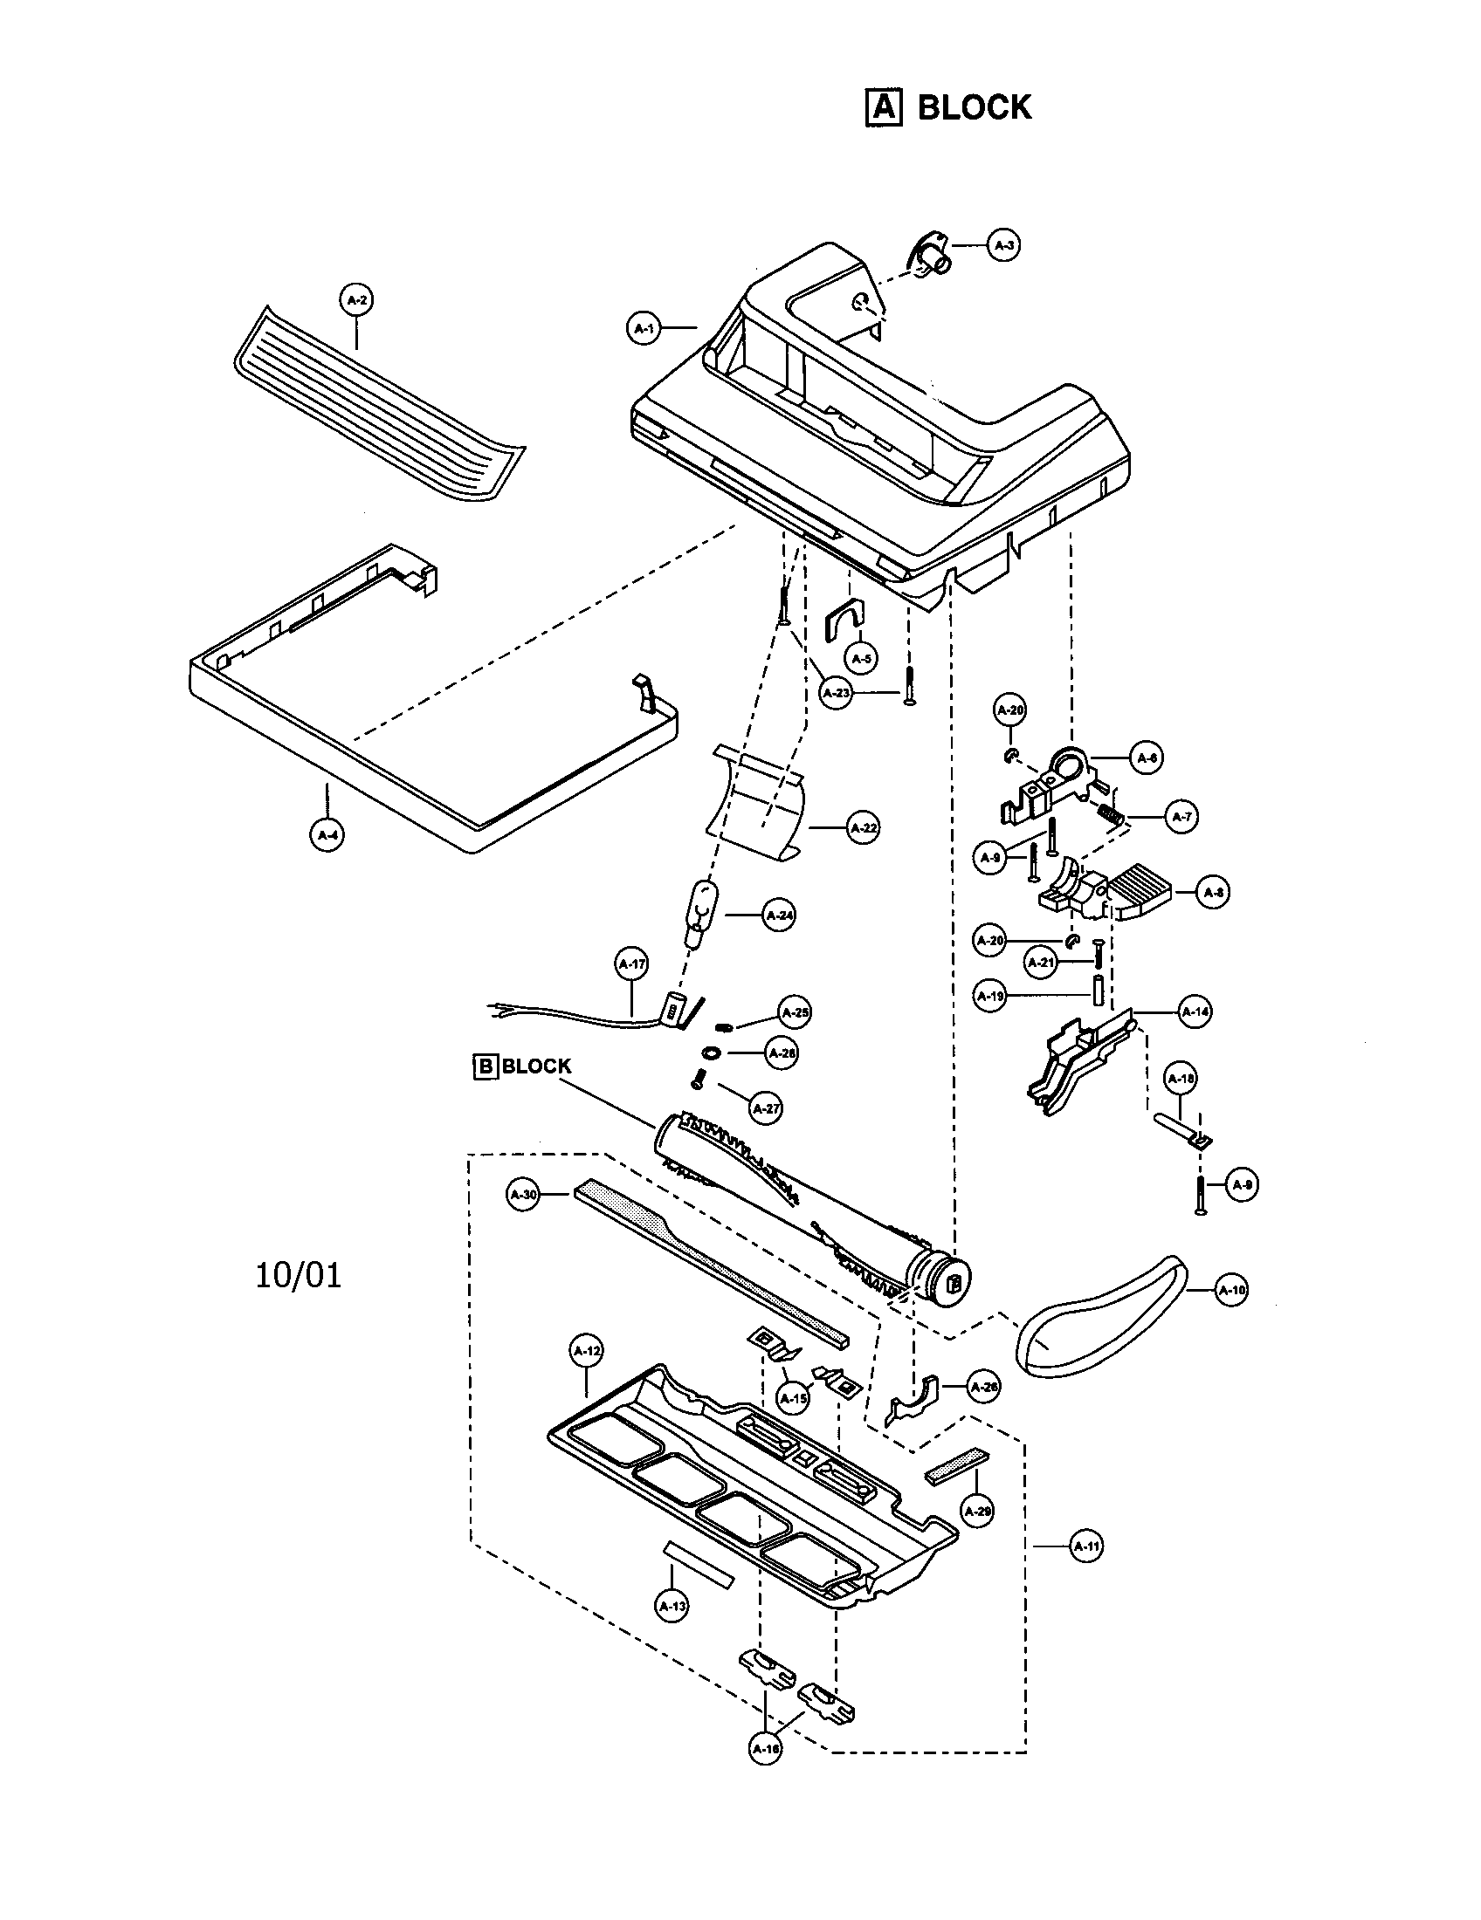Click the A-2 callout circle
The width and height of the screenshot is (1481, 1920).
coord(356,301)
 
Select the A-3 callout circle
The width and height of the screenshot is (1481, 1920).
coord(1003,245)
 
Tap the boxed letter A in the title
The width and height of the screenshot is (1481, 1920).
coord(884,108)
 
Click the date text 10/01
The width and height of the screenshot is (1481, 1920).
coord(298,1275)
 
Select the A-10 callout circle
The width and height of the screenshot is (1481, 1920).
coord(1231,1291)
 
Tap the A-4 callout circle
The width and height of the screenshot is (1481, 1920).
coord(327,834)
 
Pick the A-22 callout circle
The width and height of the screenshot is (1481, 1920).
coord(863,828)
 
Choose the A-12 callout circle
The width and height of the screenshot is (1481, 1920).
coord(587,1351)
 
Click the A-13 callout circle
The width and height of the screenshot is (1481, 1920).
coord(672,1606)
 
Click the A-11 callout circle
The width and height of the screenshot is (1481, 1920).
coord(1086,1546)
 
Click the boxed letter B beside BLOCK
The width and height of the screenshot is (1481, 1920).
coord(485,1066)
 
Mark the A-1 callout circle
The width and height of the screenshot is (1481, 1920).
coord(644,329)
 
